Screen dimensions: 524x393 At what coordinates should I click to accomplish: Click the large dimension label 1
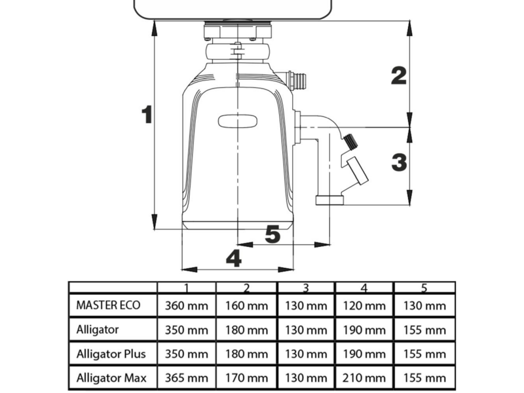click(x=147, y=115)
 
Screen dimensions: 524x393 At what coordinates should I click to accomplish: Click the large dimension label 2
click(x=399, y=75)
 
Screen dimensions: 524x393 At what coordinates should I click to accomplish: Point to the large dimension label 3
click(x=399, y=162)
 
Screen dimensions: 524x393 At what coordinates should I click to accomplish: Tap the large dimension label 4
click(x=234, y=258)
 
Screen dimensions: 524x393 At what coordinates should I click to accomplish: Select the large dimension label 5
click(x=272, y=234)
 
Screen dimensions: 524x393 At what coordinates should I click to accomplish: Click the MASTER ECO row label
click(x=108, y=305)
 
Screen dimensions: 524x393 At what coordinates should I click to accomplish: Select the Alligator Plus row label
click(x=111, y=354)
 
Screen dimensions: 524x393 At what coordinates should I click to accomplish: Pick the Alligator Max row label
click(x=111, y=378)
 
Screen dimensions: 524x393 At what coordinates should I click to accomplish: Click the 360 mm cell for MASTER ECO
click(x=186, y=305)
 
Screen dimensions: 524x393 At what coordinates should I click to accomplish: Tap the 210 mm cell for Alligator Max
click(x=364, y=378)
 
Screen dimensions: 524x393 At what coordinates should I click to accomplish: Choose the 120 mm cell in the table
click(x=364, y=305)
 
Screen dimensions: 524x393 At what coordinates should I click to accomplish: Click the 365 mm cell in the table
click(x=186, y=378)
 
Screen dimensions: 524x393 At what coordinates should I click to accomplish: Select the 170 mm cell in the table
click(x=246, y=378)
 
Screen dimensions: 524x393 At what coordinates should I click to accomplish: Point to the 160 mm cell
click(x=246, y=305)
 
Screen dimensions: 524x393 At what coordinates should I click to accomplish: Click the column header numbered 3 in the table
click(x=306, y=288)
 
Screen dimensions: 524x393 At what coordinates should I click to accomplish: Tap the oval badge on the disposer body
click(x=238, y=121)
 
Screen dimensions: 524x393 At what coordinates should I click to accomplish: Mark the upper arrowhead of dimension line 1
click(x=154, y=28)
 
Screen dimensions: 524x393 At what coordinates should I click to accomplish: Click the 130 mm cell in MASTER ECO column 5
click(x=424, y=305)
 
